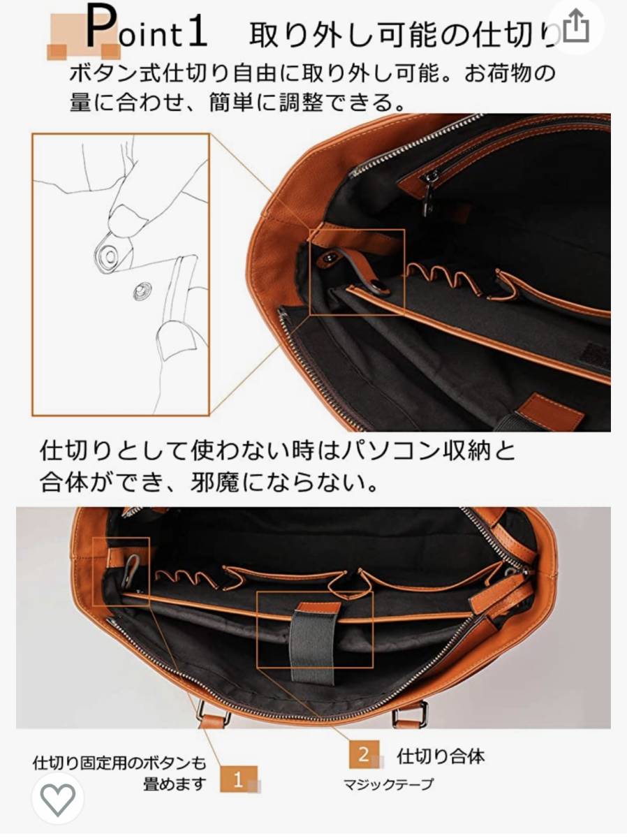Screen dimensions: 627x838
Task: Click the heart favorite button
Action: click(x=58, y=800)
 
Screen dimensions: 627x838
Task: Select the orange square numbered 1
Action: click(x=239, y=779)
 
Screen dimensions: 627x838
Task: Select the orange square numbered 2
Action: click(x=364, y=754)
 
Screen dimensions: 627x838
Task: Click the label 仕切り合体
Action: click(x=441, y=756)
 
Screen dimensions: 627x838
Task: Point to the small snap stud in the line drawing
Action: click(x=142, y=292)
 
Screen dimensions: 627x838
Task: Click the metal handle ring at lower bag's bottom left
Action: click(x=214, y=713)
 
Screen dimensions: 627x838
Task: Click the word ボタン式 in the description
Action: click(x=115, y=73)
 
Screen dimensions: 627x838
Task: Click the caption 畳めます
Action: click(x=175, y=784)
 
